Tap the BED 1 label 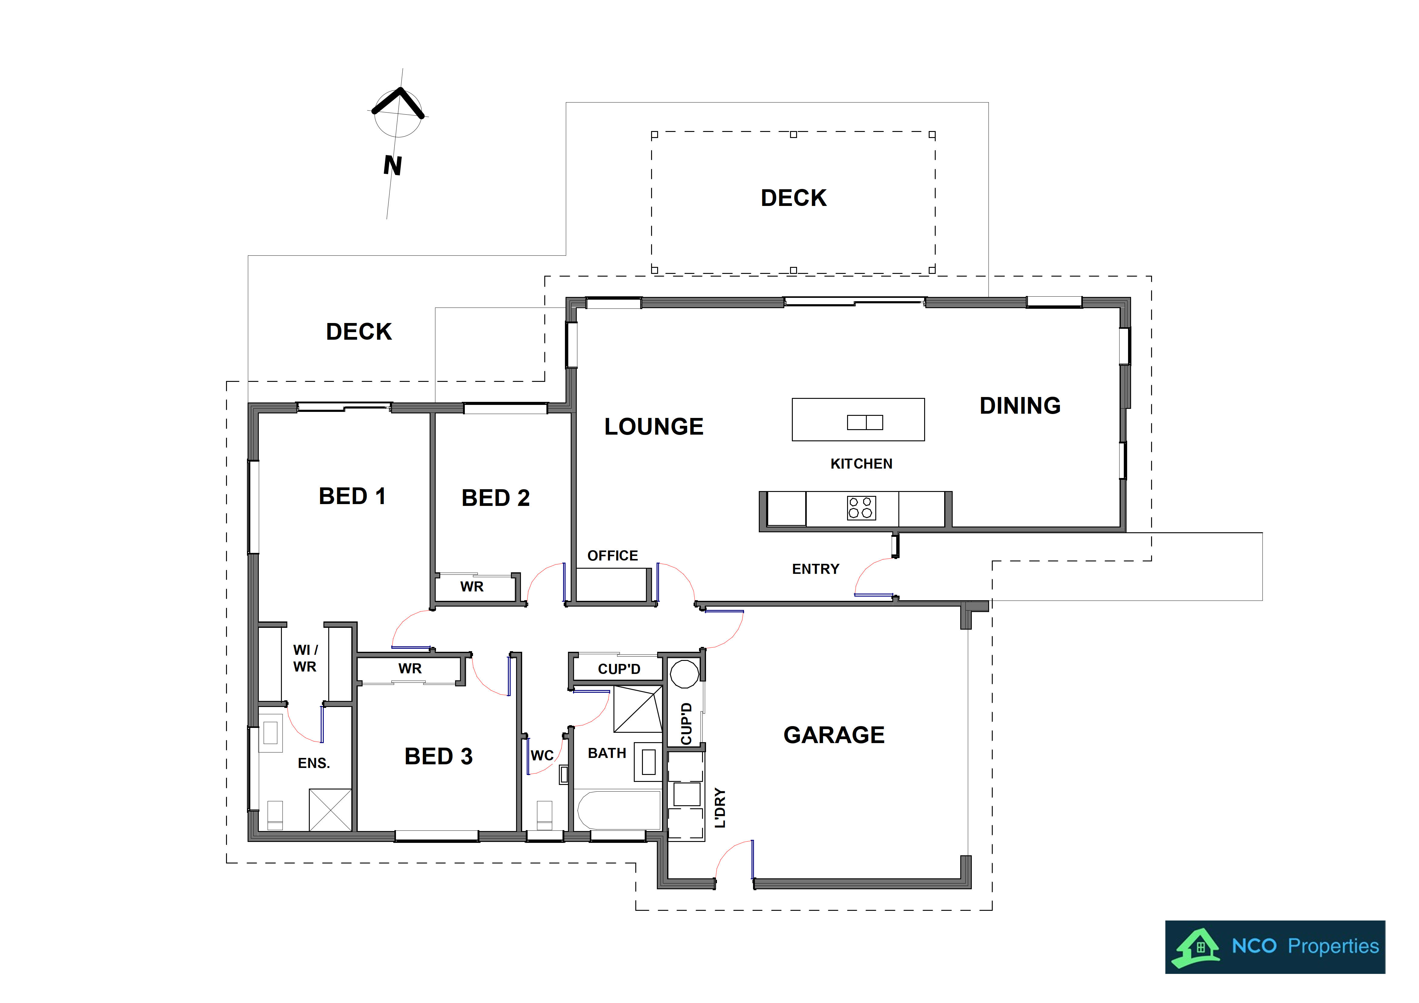click(352, 496)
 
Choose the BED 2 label click(496, 498)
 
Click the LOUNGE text click(654, 426)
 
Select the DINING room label click(1020, 406)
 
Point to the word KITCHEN click(862, 463)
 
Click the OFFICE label click(613, 556)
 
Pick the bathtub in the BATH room click(618, 809)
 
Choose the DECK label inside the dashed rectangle click(794, 198)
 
